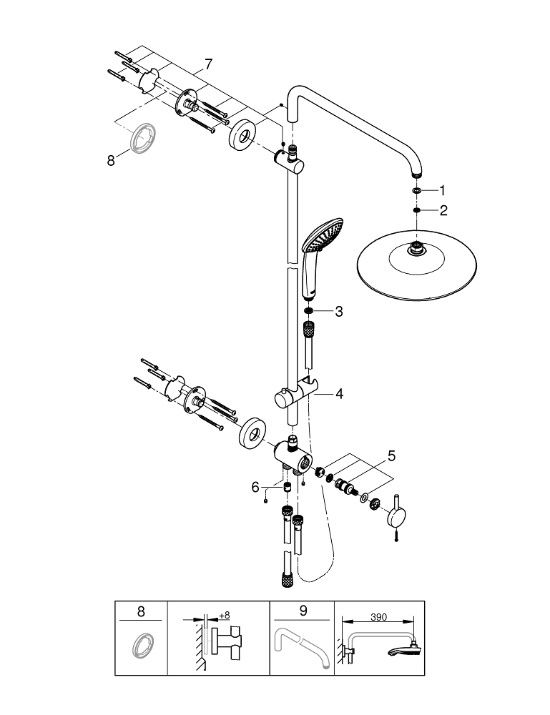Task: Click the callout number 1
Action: [442, 191]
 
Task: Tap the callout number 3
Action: [338, 311]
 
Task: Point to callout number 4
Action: [338, 393]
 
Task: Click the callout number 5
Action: [391, 455]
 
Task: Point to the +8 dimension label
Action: [224, 614]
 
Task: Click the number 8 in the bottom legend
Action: [140, 611]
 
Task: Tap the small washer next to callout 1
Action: [416, 192]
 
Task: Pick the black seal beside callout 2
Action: [416, 210]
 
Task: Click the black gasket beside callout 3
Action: [308, 311]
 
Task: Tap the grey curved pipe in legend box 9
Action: [301, 646]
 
